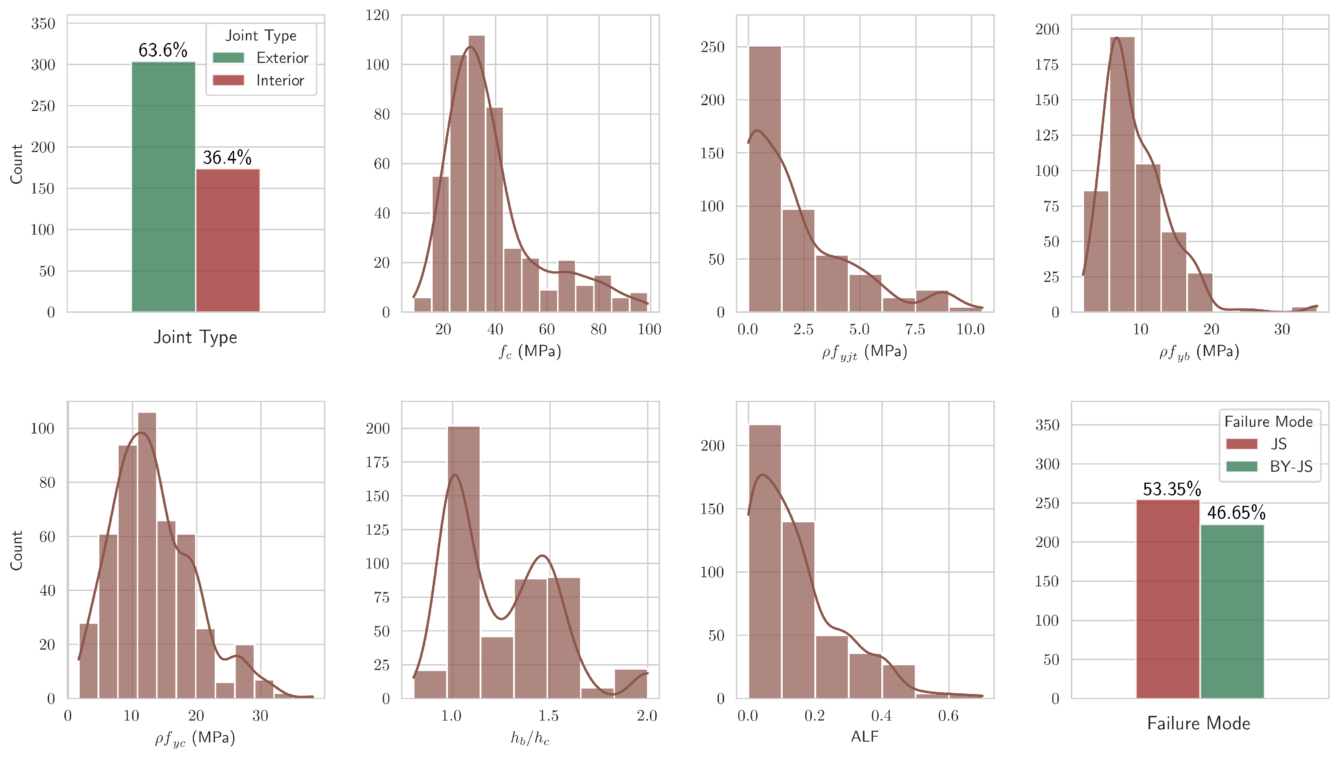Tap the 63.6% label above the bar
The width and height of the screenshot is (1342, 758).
[163, 51]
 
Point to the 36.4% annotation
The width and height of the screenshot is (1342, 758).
[227, 157]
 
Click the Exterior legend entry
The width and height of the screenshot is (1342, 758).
[261, 58]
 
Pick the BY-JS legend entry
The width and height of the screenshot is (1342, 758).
[1269, 466]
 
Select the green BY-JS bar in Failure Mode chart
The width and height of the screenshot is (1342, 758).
[1232, 612]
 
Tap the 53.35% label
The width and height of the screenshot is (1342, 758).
[1172, 489]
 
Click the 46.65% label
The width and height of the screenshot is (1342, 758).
[1236, 513]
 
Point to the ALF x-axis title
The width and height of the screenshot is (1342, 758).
[865, 737]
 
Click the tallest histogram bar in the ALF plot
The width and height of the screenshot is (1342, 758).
[765, 562]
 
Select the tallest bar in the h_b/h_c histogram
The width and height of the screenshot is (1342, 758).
[464, 562]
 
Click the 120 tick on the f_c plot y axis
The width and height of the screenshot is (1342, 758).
[378, 15]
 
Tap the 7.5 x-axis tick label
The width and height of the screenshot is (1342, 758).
[915, 330]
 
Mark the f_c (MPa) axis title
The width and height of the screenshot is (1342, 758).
[530, 352]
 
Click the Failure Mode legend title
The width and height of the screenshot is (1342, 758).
[1268, 422]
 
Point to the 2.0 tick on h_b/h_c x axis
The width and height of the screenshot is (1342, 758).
[647, 716]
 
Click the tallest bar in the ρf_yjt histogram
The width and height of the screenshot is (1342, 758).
[765, 180]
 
